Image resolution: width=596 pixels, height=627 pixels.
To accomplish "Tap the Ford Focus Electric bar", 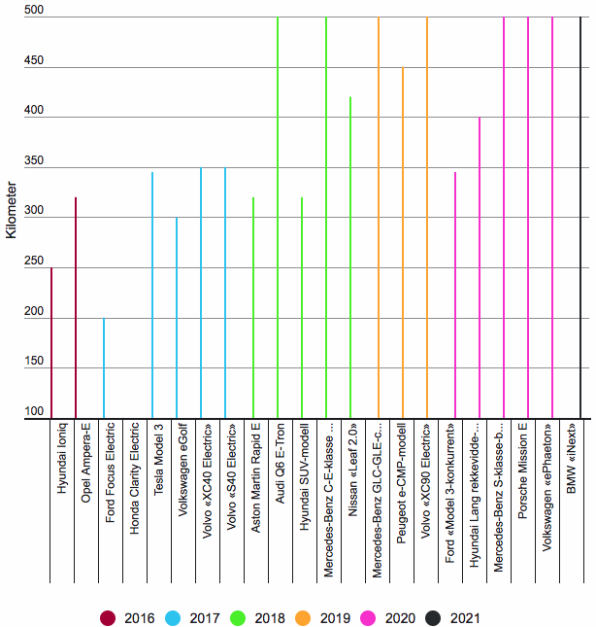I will pyautogui.click(x=104, y=368).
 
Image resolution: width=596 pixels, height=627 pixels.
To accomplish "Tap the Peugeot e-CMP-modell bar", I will pyautogui.click(x=403, y=243).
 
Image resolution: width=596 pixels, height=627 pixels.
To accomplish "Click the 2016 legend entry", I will pyautogui.click(x=125, y=617).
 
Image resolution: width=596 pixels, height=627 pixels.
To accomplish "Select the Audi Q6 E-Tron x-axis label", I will pyautogui.click(x=280, y=459).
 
